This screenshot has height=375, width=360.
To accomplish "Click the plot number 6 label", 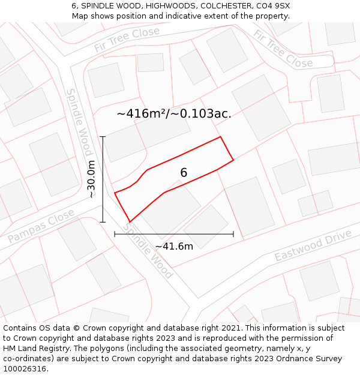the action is [184, 173].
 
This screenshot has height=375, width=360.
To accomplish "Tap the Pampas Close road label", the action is [41, 226].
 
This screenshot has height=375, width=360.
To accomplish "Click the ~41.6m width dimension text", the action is [174, 246].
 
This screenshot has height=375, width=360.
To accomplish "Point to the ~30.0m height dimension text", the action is [91, 179].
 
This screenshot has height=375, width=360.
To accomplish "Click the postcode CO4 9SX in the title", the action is [273, 5].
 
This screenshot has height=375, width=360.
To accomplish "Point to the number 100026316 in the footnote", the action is [26, 369].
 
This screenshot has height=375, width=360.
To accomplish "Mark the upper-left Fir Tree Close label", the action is [127, 40].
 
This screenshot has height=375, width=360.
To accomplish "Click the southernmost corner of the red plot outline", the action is [129, 221].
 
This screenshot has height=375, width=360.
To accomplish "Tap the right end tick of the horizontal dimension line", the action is [233, 234].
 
